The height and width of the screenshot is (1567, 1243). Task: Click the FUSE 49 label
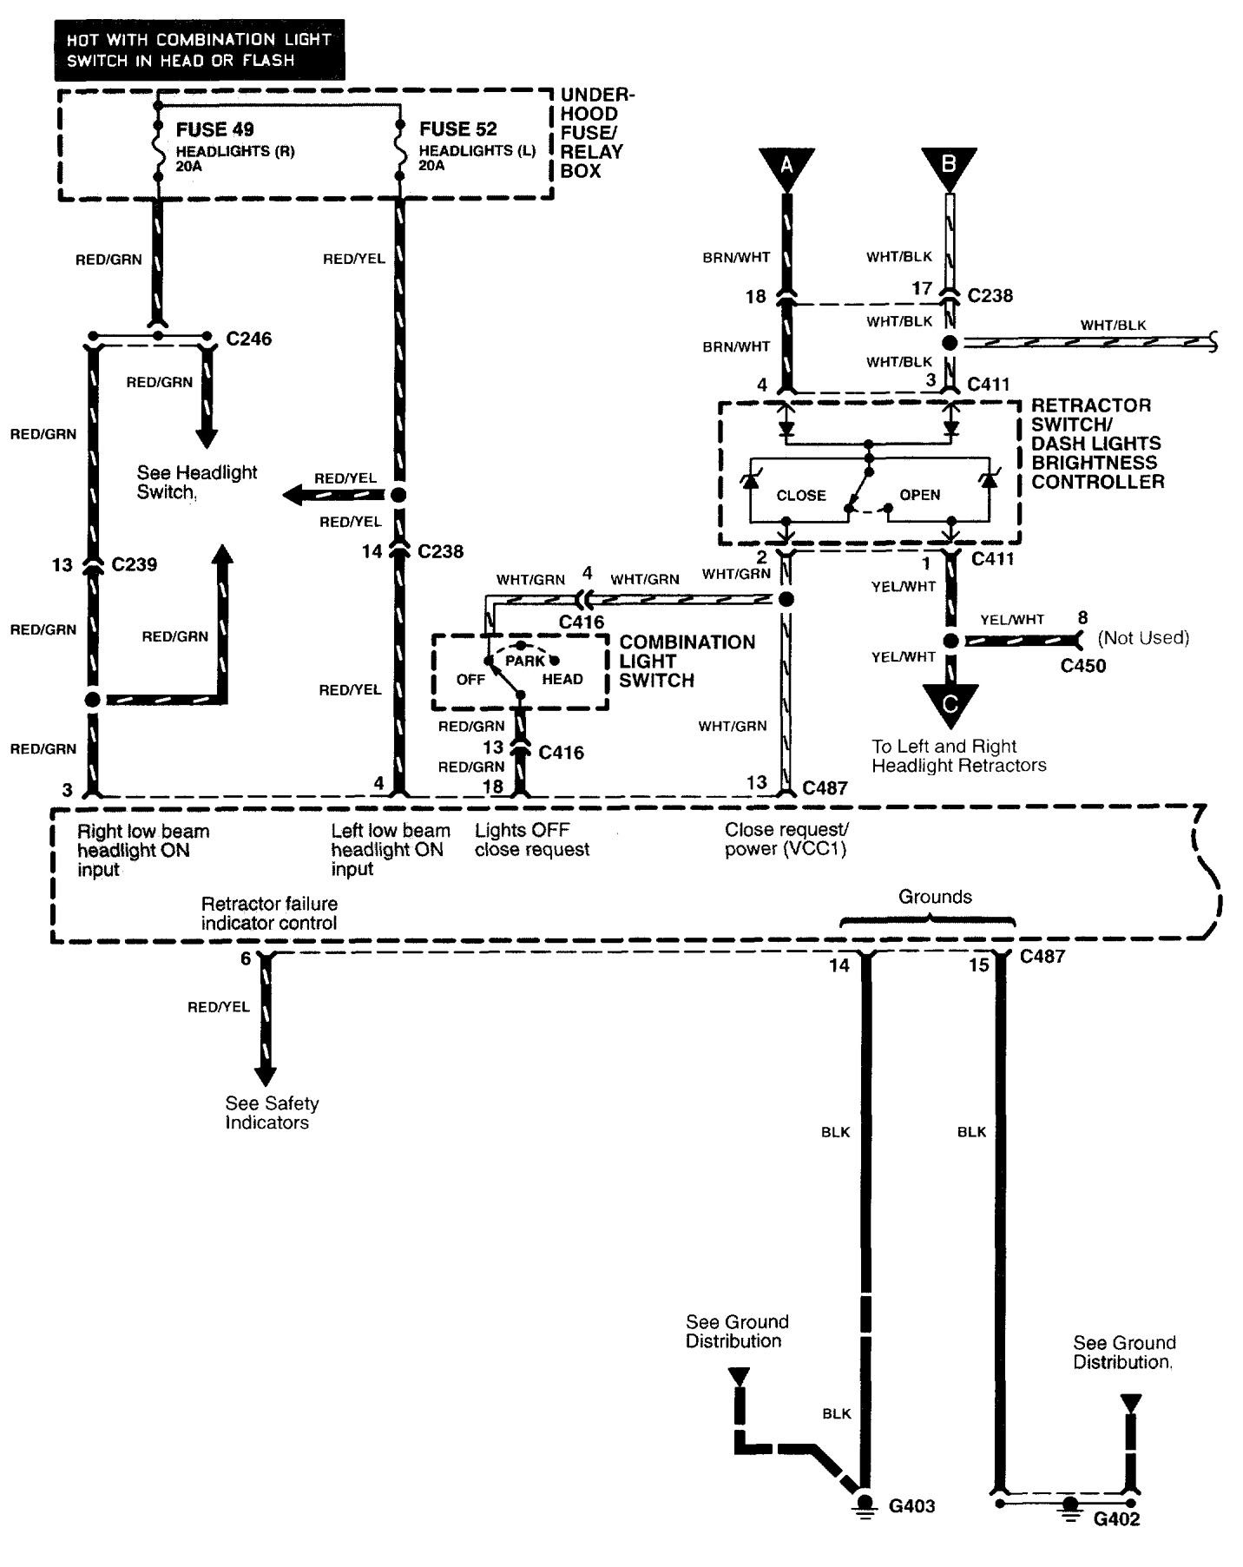click(x=214, y=129)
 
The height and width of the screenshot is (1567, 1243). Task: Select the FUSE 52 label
click(x=458, y=129)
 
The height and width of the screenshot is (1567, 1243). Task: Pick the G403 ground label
click(x=911, y=1506)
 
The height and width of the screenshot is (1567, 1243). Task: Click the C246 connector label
click(x=249, y=339)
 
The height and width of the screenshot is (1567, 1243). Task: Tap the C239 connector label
click(x=135, y=564)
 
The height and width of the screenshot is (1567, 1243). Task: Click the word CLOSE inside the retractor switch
click(x=801, y=496)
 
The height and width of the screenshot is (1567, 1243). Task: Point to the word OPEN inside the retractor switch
click(x=920, y=495)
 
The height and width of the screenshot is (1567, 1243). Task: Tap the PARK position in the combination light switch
click(x=525, y=661)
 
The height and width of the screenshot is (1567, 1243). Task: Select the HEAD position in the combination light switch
click(x=562, y=679)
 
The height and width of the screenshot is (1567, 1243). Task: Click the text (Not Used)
click(x=1143, y=638)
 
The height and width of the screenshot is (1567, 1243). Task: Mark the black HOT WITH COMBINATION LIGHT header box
click(x=200, y=50)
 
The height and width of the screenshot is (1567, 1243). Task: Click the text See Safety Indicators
click(x=272, y=1113)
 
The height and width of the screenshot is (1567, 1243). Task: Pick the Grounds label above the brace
click(x=935, y=897)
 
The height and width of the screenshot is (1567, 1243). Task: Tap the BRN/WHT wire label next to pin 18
click(x=737, y=258)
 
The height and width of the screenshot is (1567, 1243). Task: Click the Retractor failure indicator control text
click(x=269, y=913)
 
